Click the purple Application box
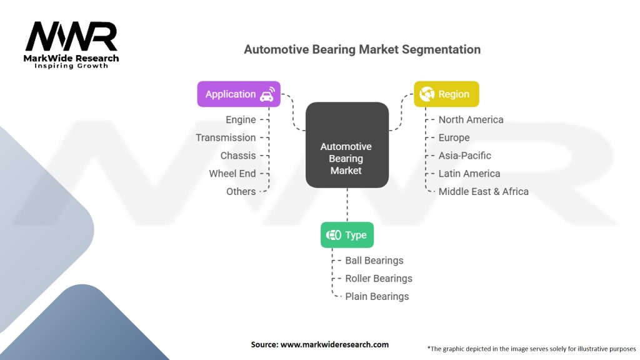pyautogui.click(x=239, y=94)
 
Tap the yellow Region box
pyautogui.click(x=446, y=94)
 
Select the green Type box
pyautogui.click(x=347, y=235)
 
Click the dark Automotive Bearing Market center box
pyautogui.click(x=347, y=145)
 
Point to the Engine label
pyautogui.click(x=241, y=119)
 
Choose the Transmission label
pyautogui.click(x=226, y=137)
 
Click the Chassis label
pyautogui.click(x=238, y=156)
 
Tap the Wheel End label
pyautogui.click(x=232, y=174)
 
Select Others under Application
pyautogui.click(x=241, y=191)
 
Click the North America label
pyautogui.click(x=471, y=119)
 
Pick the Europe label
pyautogui.click(x=454, y=138)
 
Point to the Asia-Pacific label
pyautogui.click(x=464, y=156)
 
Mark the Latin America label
pyautogui.click(x=469, y=174)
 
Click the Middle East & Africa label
pyautogui.click(x=483, y=191)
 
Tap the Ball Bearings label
pyautogui.click(x=374, y=261)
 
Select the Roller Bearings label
pyautogui.click(x=379, y=278)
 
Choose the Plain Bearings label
pyautogui.click(x=377, y=296)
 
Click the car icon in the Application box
pyautogui.click(x=267, y=94)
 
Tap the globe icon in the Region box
pyautogui.click(x=427, y=94)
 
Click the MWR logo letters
pyautogui.click(x=71, y=37)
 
